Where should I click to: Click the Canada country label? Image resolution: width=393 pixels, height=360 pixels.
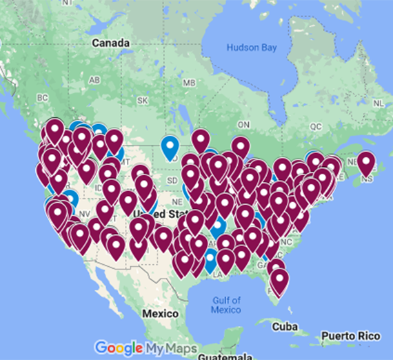[x=110, y=43]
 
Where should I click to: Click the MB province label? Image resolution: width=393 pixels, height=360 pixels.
[x=188, y=83]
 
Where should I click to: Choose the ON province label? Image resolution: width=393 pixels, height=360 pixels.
[x=243, y=124]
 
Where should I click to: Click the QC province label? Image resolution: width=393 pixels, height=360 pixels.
[x=316, y=127]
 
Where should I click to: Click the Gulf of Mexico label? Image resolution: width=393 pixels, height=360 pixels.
[x=225, y=305]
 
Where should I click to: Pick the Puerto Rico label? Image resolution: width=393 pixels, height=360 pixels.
[x=354, y=336]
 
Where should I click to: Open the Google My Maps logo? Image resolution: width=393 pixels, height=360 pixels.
[x=145, y=347]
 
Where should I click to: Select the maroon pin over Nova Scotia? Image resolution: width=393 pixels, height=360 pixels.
[x=365, y=163]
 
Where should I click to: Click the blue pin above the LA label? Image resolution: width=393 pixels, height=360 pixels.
[x=211, y=261]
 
